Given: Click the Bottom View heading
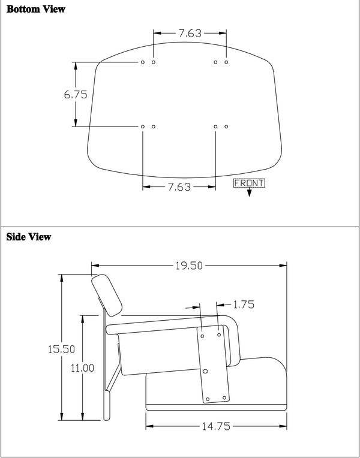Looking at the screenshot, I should coord(36,10).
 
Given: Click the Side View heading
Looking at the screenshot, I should coord(29,237).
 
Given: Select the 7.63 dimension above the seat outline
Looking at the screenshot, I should coord(190,34).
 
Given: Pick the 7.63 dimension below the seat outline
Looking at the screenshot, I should coord(179,187).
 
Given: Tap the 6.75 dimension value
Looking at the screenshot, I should coord(76,94).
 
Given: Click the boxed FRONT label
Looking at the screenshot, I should coord(248,183).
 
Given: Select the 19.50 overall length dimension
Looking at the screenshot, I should coord(188,266).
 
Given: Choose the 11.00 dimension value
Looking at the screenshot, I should coord(82,368).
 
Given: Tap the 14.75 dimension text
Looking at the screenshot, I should coord(217,427).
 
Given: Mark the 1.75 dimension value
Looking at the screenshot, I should coord(243,305).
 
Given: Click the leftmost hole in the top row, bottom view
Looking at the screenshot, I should coord(143,62).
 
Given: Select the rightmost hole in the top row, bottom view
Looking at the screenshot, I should coord(226,62).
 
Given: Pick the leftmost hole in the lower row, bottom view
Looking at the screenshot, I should coord(143,126).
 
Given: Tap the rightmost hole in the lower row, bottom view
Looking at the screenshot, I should coord(226,126).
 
